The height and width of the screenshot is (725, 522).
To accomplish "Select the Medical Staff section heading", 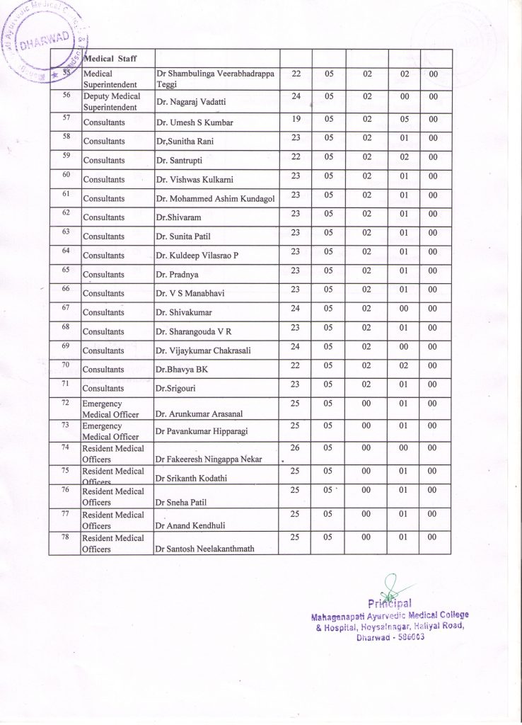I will (x=110, y=59).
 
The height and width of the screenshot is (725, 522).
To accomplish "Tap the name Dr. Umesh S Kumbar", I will (x=195, y=122).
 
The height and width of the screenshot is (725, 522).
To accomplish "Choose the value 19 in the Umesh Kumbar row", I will (x=296, y=119).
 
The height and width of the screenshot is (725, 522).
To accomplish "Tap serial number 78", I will (x=65, y=533).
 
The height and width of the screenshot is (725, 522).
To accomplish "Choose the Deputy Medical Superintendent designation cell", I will (x=112, y=101).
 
